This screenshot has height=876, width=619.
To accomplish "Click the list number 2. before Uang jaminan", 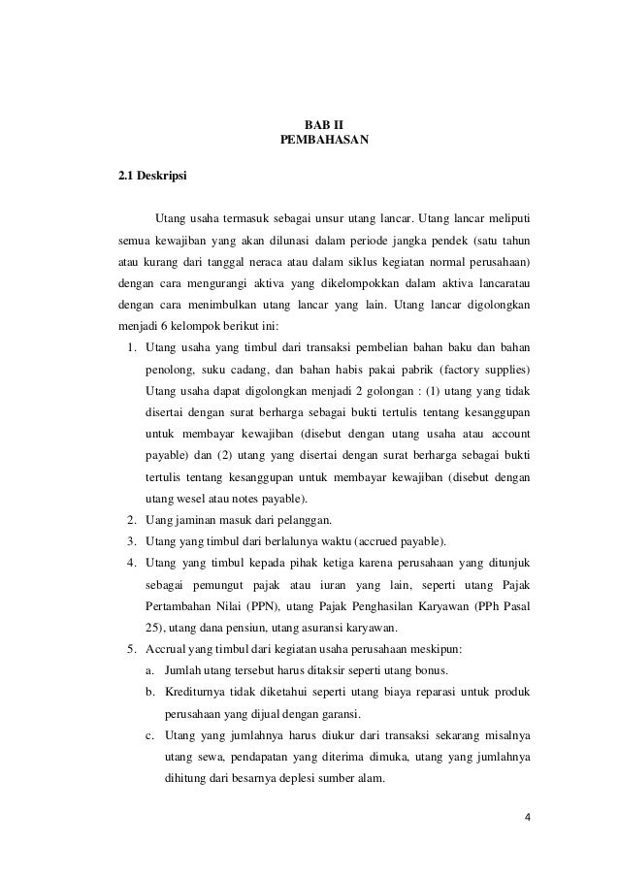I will coord(130,519).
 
